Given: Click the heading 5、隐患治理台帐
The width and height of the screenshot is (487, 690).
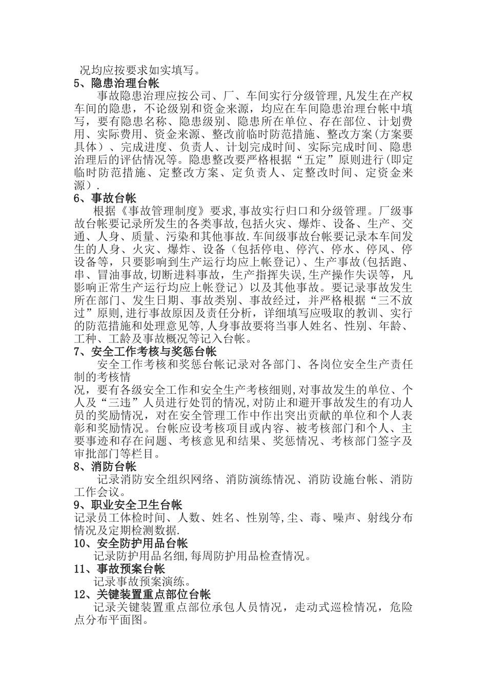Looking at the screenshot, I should click(x=116, y=83).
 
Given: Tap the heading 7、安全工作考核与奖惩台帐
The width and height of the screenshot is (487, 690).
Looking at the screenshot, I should click(x=145, y=352).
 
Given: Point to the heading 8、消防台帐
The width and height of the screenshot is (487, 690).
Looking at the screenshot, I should click(x=105, y=467).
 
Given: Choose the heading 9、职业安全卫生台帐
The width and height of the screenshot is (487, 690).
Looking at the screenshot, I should click(x=128, y=505).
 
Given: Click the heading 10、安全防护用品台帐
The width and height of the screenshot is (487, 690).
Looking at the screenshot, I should click(x=131, y=543).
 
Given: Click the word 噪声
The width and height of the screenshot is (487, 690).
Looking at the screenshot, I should click(x=344, y=517).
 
